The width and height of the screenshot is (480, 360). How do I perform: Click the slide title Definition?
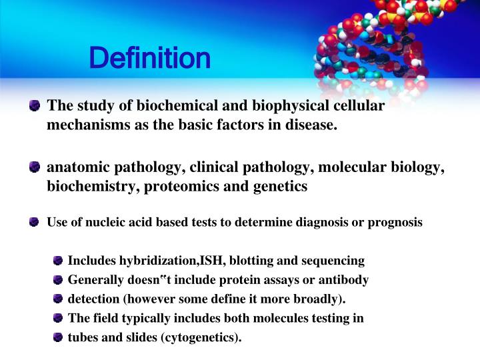(x=150, y=59)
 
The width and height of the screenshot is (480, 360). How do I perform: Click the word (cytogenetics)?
(x=201, y=337)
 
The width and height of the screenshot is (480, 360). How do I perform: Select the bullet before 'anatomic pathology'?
(x=35, y=168)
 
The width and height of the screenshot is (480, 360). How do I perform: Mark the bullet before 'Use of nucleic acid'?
(x=35, y=223)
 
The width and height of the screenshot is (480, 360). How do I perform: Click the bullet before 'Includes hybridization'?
(x=59, y=261)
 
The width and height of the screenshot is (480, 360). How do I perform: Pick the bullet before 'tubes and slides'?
(x=59, y=337)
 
